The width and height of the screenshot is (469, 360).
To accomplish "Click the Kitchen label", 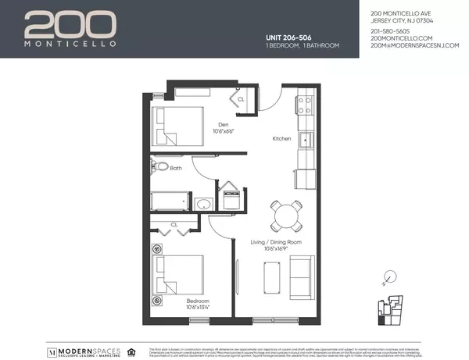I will (281, 138).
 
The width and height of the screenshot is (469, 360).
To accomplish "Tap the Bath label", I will (177, 167).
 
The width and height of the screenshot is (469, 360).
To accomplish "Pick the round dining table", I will (285, 212).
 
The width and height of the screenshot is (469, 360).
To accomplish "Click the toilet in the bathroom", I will (160, 167).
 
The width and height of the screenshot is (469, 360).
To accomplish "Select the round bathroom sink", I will (204, 205).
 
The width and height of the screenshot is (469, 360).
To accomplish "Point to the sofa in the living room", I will (301, 275).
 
